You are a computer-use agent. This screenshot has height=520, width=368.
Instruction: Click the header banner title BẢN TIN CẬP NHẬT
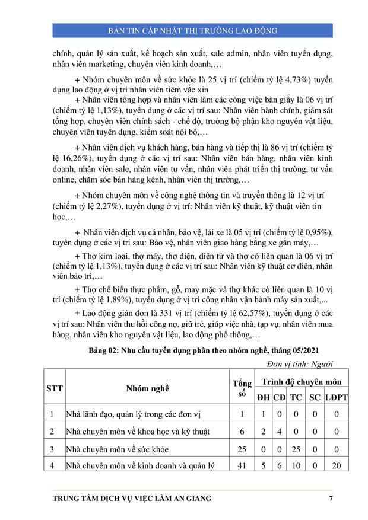192,30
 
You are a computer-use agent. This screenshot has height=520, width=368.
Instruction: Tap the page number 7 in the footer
331,498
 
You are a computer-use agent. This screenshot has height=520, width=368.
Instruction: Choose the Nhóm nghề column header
147,388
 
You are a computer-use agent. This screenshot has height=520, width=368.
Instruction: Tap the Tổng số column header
242,388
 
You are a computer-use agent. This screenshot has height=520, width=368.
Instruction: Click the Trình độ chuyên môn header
302,382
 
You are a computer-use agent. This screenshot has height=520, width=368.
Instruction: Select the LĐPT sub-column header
336,397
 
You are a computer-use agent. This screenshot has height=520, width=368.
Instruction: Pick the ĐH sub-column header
263,397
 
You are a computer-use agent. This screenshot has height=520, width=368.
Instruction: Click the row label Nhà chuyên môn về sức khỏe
113,449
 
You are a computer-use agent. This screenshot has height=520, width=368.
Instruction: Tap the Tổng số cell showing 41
242,466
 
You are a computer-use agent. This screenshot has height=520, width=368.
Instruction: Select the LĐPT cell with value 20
336,466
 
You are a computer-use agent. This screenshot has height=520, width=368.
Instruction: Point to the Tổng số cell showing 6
242,432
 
